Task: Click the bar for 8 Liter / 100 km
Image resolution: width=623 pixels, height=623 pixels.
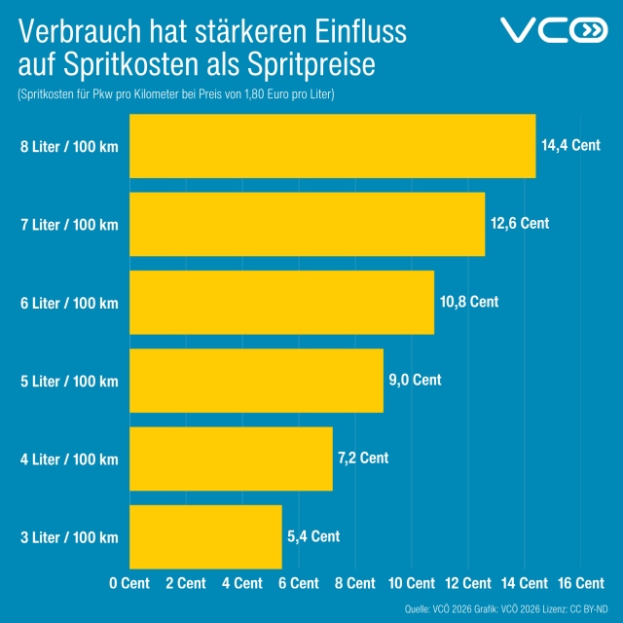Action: (332, 146)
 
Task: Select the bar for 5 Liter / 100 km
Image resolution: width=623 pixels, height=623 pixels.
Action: (256, 381)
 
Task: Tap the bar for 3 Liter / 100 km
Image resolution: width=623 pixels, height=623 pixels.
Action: (205, 536)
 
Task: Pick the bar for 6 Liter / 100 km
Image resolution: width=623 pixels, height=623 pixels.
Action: (281, 302)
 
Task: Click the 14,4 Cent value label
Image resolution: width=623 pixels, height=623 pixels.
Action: (570, 145)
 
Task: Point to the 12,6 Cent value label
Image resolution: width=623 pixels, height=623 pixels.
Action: (520, 223)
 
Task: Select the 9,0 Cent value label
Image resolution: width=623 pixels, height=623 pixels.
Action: (415, 380)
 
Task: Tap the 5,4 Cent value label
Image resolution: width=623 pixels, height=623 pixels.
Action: (313, 535)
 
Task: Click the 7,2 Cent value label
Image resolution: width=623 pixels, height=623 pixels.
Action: (363, 458)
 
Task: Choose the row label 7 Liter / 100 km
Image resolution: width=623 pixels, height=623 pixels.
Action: (69, 225)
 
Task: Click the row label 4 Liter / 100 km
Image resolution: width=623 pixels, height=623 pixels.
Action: (69, 459)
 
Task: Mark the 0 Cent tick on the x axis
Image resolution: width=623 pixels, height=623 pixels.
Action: (129, 583)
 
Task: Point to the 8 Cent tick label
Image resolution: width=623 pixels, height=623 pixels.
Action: (354, 583)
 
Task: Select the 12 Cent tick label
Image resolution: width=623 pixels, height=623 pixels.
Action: (467, 583)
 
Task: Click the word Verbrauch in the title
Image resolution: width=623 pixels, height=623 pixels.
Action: (77, 32)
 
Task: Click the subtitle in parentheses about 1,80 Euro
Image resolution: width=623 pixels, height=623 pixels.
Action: (176, 94)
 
